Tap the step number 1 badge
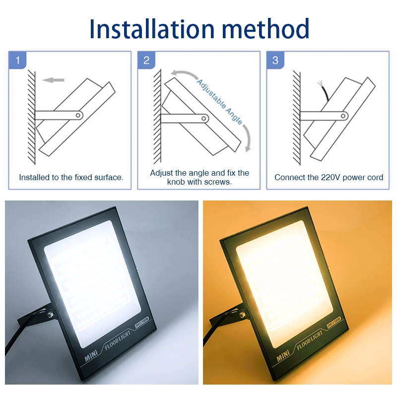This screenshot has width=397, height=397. click(18, 61)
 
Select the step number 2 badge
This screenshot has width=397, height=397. click(146, 61)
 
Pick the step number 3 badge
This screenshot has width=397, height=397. click(275, 61)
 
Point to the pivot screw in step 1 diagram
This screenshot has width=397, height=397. click(78, 115)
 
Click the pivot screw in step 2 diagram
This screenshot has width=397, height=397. click(204, 119)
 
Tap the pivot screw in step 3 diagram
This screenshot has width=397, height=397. click(342, 116)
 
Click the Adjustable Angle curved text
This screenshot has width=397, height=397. click(220, 101)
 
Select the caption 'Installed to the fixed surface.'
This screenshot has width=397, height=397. click(71, 177)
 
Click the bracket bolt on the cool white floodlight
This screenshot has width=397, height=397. click(51, 314)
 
